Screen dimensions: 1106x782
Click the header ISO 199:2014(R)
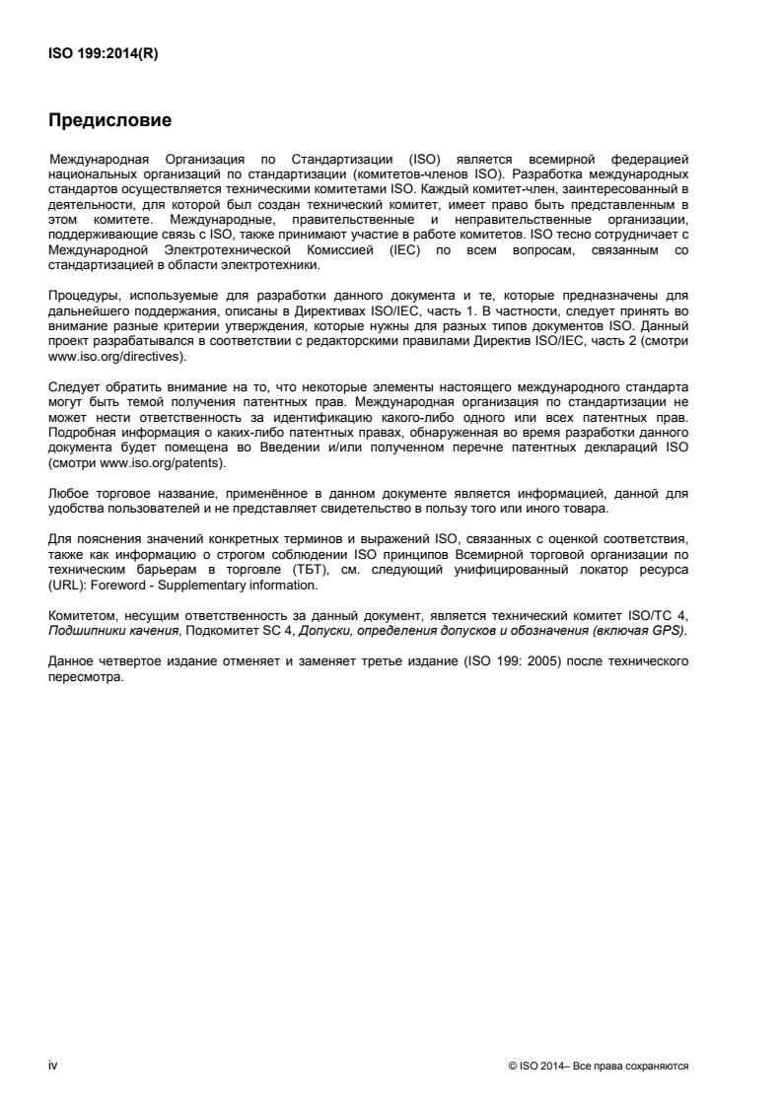[104, 55]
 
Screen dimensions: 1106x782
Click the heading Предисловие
[110, 121]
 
